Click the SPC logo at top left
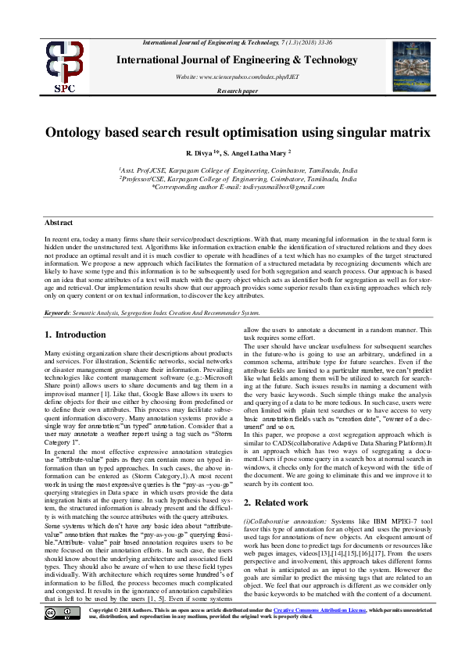pos(64,66)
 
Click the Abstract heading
pos(59,223)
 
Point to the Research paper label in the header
pos(238,91)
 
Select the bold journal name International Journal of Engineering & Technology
pos(238,60)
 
